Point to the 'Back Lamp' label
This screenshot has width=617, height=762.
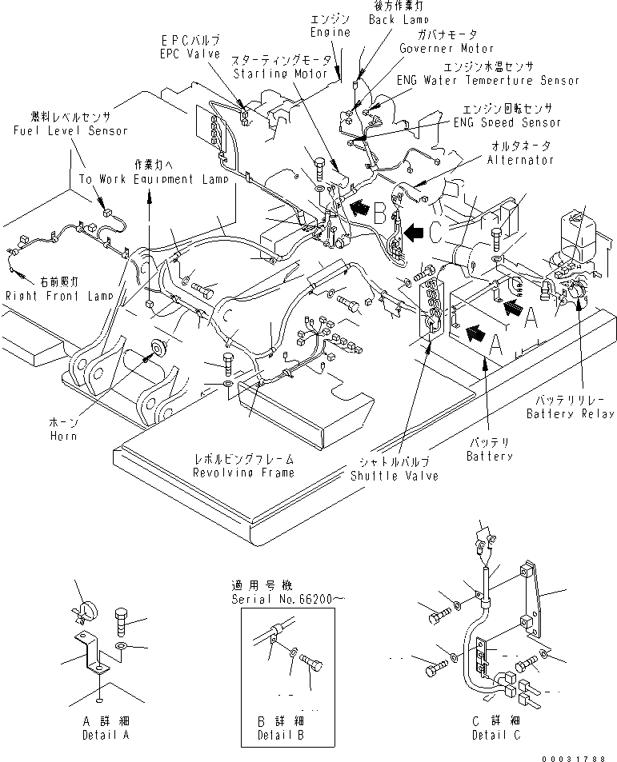399,18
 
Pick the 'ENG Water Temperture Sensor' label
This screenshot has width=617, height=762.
488,80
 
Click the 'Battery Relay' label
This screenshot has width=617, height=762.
570,413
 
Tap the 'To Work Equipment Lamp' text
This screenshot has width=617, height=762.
154,179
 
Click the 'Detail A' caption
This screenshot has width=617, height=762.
99,735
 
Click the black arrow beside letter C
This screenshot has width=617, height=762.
413,233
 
